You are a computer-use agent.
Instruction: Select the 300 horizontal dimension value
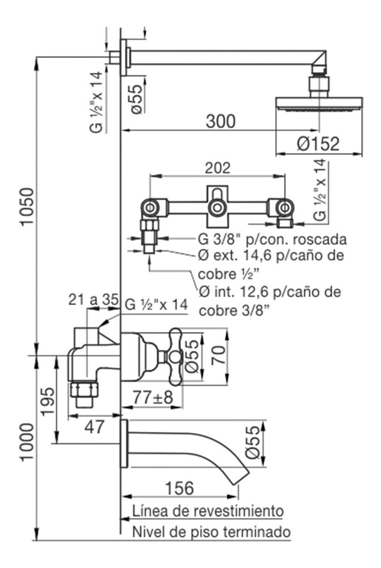pyautogui.click(x=220, y=122)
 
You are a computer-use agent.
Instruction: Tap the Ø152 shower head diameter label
pyautogui.click(x=318, y=144)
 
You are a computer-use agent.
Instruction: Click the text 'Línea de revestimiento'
pyautogui.click(x=208, y=511)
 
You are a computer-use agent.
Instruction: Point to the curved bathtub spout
pyautogui.click(x=199, y=450)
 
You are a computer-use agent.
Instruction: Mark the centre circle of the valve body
pyautogui.click(x=217, y=206)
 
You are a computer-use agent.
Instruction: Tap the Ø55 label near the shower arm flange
pyautogui.click(x=136, y=98)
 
